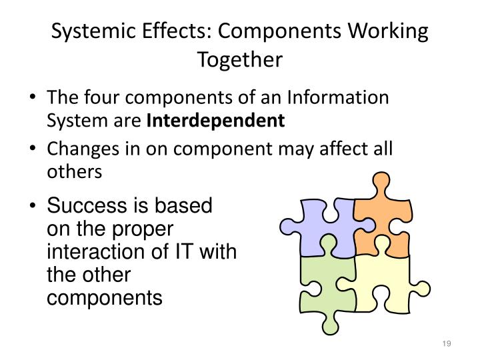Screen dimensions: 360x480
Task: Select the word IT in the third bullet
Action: [191, 253]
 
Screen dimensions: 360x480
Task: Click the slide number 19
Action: [447, 343]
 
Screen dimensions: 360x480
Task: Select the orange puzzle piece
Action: [380, 213]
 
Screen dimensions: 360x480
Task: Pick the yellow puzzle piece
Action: [387, 280]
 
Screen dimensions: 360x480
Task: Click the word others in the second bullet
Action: [74, 171]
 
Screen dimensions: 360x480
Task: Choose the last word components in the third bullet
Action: [104, 298]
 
